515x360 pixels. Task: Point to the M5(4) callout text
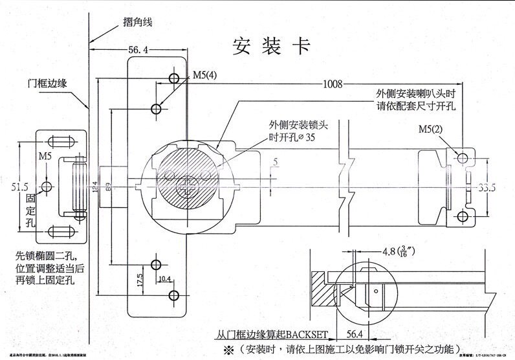[204, 75]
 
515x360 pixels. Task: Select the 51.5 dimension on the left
[20, 187]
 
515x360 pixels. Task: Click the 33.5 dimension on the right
[487, 188]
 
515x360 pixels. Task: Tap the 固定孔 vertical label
[46, 213]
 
